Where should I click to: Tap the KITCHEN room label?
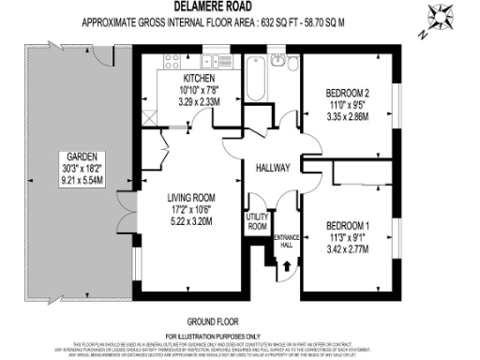(200, 79)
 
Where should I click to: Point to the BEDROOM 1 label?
(346, 226)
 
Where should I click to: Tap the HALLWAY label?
(273, 168)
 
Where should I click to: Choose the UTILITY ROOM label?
(257, 222)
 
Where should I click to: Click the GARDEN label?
(72, 156)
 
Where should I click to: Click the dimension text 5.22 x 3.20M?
(177, 221)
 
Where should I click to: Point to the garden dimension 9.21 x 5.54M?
(72, 181)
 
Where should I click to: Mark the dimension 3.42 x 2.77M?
(346, 252)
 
